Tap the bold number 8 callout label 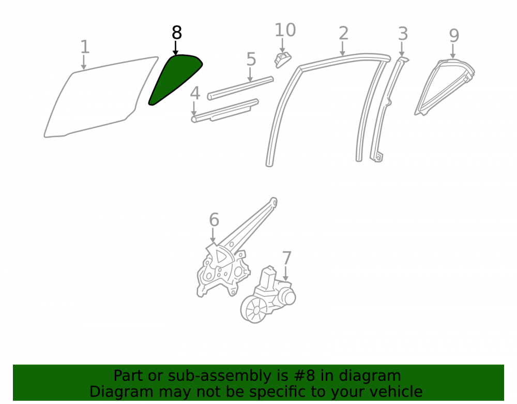click(177, 33)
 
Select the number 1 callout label click(85, 47)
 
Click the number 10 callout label click(285, 31)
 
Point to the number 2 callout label click(343, 34)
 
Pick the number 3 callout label click(403, 34)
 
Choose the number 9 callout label click(454, 36)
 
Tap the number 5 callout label click(251, 59)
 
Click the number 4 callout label click(195, 93)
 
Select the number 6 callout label click(214, 220)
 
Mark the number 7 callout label click(286, 258)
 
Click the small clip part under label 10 click(283, 59)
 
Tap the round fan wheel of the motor click(254, 309)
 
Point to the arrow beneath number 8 click(176, 48)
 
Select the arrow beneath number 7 click(285, 274)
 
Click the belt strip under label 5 click(240, 88)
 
